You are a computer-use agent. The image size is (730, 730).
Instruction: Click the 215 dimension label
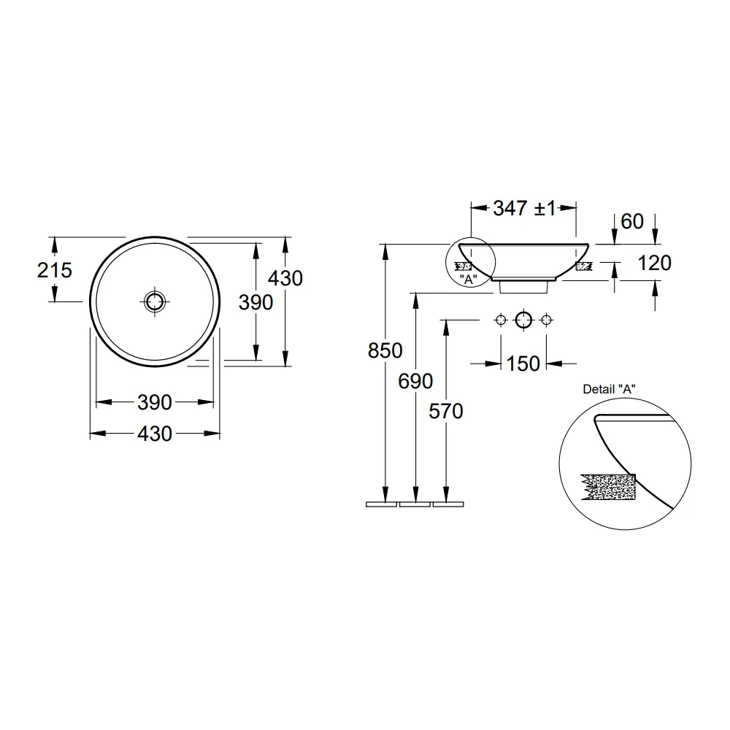[x=55, y=271]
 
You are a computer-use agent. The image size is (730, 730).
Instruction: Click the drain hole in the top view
[x=155, y=301]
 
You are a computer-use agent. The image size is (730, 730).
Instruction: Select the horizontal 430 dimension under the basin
[x=155, y=434]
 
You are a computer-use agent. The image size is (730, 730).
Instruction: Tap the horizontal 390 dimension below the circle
[x=155, y=402]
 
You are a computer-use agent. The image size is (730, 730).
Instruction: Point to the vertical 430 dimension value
[x=285, y=278]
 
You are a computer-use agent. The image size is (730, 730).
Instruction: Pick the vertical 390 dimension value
[x=255, y=303]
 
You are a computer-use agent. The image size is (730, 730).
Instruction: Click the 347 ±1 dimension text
[x=524, y=209]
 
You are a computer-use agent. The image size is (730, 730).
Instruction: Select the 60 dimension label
[x=632, y=222]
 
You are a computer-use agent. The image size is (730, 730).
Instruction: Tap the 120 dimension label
[x=654, y=263]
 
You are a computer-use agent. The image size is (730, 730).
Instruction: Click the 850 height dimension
[x=385, y=350]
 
